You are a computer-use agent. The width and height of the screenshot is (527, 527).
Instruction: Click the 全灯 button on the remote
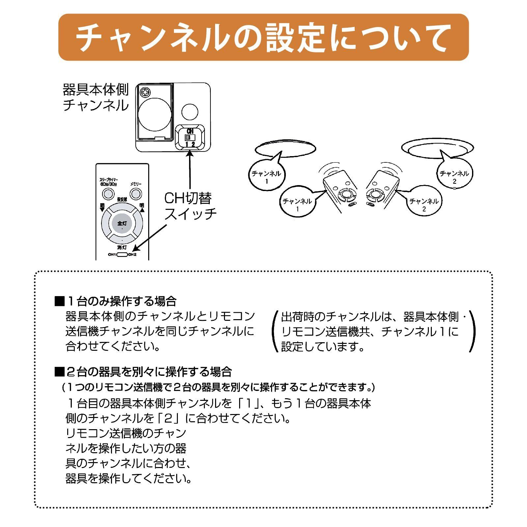(122, 224)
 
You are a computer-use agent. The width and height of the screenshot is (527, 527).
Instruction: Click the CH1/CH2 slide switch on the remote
(122, 254)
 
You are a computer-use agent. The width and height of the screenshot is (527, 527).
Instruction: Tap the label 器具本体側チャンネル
(96, 97)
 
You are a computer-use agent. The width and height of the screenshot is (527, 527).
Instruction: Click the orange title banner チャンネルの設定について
(263, 37)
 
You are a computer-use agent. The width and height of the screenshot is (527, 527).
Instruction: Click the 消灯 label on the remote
(122, 247)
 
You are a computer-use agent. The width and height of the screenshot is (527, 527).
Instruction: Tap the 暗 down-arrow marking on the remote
(102, 208)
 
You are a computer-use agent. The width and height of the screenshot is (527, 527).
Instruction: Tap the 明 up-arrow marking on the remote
(142, 208)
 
